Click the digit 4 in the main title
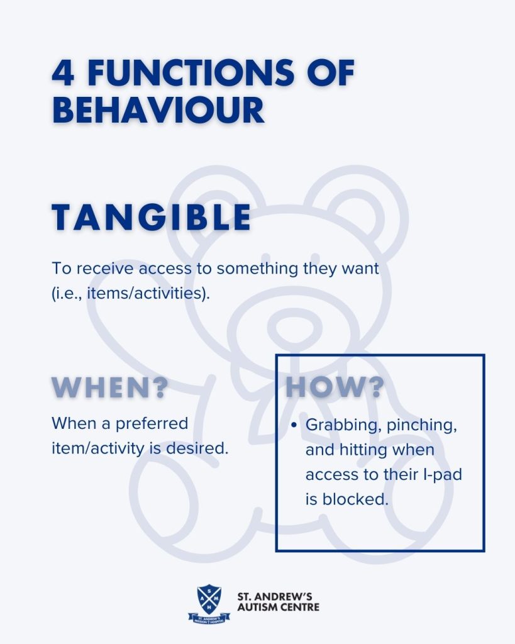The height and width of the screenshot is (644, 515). (64, 73)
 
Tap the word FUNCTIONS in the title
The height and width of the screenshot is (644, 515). (191, 73)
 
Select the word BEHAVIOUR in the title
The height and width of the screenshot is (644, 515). (158, 109)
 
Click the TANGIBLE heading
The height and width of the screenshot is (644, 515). (151, 217)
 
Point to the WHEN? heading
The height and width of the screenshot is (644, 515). (110, 387)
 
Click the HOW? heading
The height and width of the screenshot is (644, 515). (335, 387)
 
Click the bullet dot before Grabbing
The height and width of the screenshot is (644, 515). (293, 425)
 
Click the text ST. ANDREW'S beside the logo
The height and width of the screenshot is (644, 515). (275, 596)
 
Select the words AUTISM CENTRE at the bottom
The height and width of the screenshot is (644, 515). (278, 607)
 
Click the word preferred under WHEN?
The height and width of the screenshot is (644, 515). (152, 424)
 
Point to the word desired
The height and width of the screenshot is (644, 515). (197, 448)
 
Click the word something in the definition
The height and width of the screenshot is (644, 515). (258, 269)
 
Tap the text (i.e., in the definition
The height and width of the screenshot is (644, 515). (68, 294)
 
